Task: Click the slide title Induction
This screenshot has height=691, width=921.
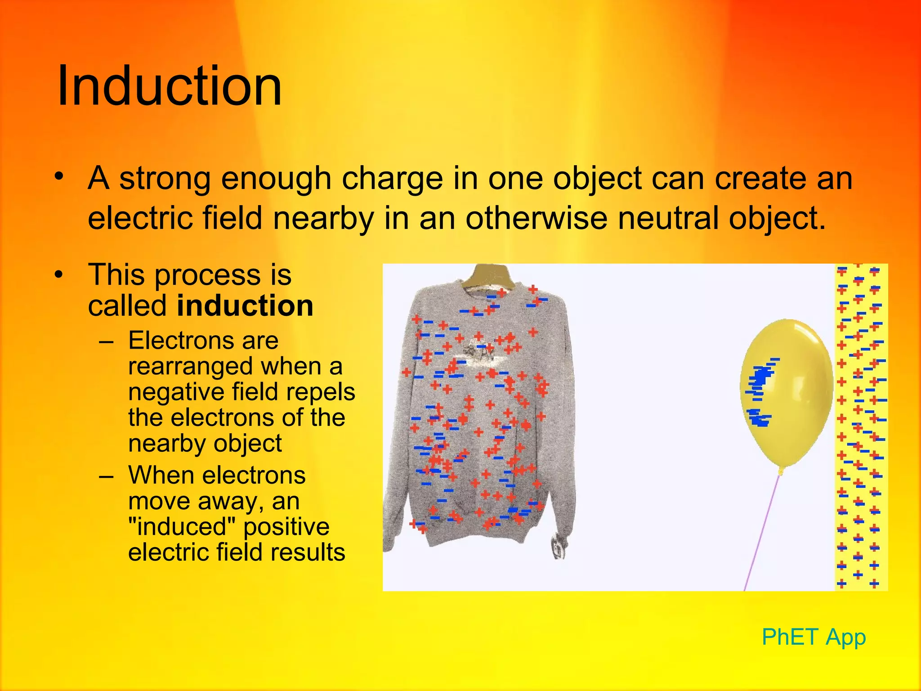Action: tap(169, 85)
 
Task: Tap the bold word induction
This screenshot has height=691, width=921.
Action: tap(245, 306)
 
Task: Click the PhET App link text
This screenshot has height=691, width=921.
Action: tap(814, 637)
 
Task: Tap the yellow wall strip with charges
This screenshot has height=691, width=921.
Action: tap(861, 427)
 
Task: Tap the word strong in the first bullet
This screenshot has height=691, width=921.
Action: tap(165, 179)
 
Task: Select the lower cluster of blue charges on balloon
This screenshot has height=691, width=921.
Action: tap(760, 418)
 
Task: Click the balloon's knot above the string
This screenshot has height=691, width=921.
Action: tap(781, 471)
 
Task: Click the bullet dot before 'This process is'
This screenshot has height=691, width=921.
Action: tap(59, 275)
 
